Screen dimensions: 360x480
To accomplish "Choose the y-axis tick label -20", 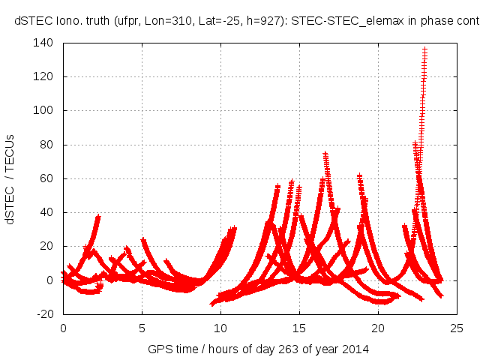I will [46, 314].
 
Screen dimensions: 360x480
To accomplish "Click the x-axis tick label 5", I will [142, 328].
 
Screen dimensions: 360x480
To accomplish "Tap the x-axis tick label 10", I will [220, 328].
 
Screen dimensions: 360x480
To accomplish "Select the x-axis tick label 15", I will [299, 328].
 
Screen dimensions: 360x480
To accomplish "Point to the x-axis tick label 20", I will [378, 328].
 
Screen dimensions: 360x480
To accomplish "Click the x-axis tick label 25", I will [457, 328].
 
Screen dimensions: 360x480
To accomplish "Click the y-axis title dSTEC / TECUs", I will [10, 178].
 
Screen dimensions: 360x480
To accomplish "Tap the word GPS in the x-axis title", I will [159, 349].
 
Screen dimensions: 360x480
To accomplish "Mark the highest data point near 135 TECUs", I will [424, 50].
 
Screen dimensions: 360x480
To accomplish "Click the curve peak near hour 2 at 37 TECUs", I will [97, 217].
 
